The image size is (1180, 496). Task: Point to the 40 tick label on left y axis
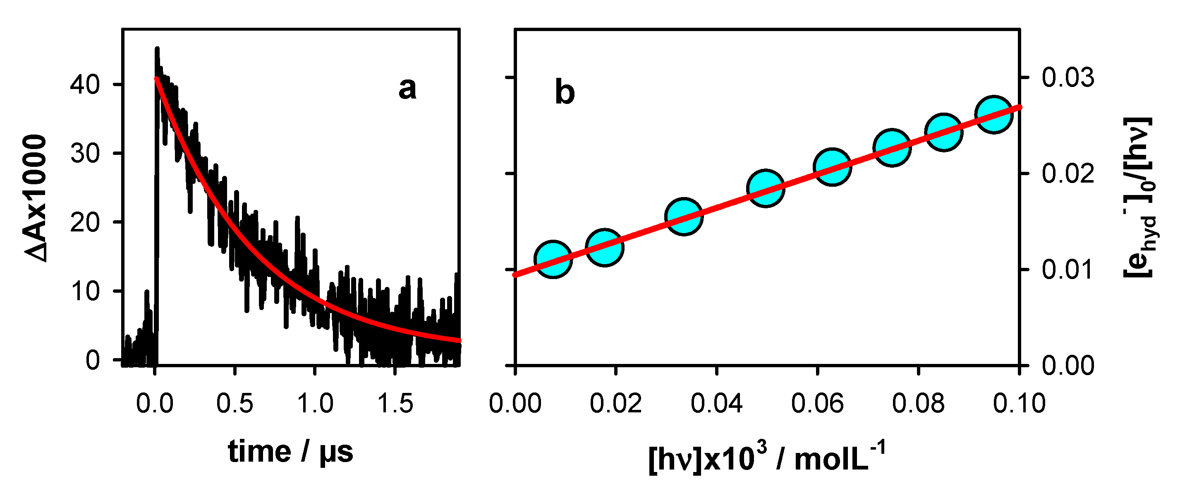[x=85, y=85]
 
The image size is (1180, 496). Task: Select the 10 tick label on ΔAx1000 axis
[x=85, y=291]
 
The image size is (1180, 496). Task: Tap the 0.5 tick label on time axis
[x=235, y=404]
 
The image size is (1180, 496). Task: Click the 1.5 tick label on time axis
[x=395, y=404]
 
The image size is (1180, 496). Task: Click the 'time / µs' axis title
[x=290, y=452]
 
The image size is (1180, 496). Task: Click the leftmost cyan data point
[x=553, y=259]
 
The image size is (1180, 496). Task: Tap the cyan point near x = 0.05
[x=766, y=188]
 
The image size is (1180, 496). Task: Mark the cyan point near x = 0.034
[x=683, y=217]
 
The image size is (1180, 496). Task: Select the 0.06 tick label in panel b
[x=817, y=404]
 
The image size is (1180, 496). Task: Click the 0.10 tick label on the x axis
[x=1019, y=404]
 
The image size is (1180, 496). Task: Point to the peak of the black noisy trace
[x=157, y=48]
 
